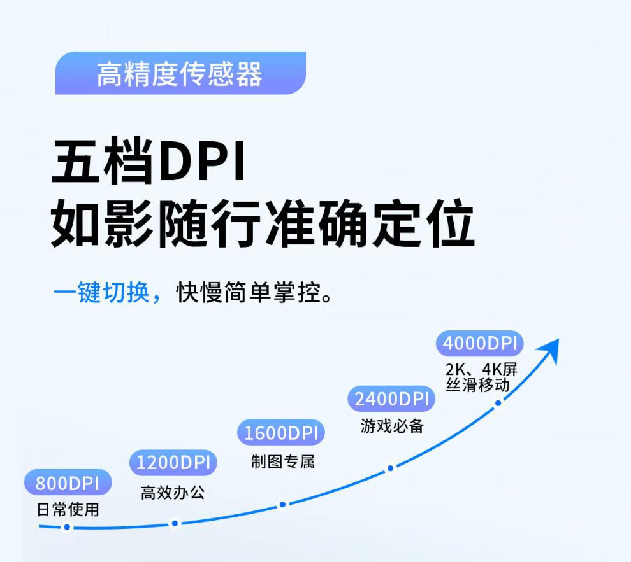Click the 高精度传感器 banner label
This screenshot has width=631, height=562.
pyautogui.click(x=180, y=74)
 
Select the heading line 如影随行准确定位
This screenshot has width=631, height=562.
pyautogui.click(x=263, y=225)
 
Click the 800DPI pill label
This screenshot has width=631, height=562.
pyautogui.click(x=68, y=483)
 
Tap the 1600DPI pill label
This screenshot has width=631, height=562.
pyautogui.click(x=280, y=433)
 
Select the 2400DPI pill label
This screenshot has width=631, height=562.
pyautogui.click(x=391, y=399)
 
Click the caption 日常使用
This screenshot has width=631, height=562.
pyautogui.click(x=68, y=509)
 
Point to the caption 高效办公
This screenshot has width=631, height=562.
pyautogui.click(x=173, y=492)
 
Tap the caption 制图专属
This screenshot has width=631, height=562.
pyautogui.click(x=282, y=461)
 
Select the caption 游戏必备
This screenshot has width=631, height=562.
pyautogui.click(x=392, y=426)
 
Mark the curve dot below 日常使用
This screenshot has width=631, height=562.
pyautogui.click(x=67, y=527)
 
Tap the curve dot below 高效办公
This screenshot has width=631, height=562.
pyautogui.click(x=175, y=524)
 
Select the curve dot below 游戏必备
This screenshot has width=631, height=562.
pyautogui.click(x=391, y=468)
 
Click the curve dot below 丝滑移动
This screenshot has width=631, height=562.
pyautogui.click(x=498, y=402)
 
